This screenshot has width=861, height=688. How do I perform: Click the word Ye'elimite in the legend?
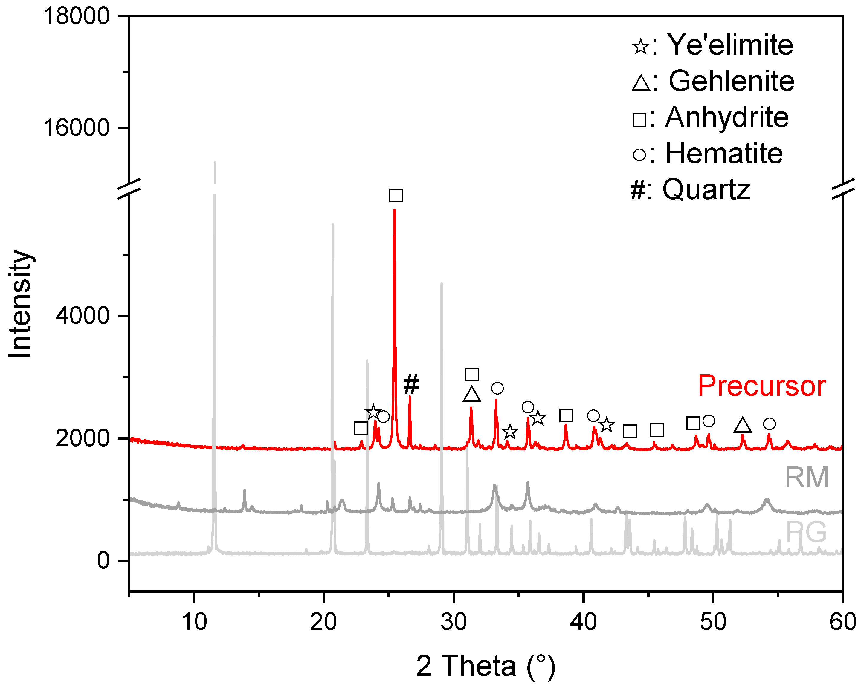pyautogui.click(x=730, y=45)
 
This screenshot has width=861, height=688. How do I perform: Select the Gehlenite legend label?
pyautogui.click(x=731, y=81)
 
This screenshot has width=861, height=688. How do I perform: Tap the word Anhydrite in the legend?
pyautogui.click(x=727, y=117)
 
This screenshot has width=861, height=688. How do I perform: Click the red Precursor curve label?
pyautogui.click(x=761, y=386)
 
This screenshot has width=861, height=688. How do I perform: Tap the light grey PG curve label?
pyautogui.click(x=806, y=532)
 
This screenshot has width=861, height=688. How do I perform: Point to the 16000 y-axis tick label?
pyautogui.click(x=76, y=128)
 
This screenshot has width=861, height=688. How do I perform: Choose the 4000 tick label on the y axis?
pyautogui.click(x=82, y=315)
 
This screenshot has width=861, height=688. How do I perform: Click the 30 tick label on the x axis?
pyautogui.click(x=454, y=622)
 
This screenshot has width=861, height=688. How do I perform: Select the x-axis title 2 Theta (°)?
pyautogui.click(x=486, y=666)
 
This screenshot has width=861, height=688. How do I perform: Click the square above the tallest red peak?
pyautogui.click(x=396, y=195)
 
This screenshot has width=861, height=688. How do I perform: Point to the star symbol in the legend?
pyautogui.click(x=641, y=46)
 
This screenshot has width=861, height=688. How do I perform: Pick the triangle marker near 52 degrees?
pyautogui.click(x=742, y=425)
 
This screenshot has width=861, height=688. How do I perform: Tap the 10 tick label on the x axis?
pyautogui.click(x=194, y=622)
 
